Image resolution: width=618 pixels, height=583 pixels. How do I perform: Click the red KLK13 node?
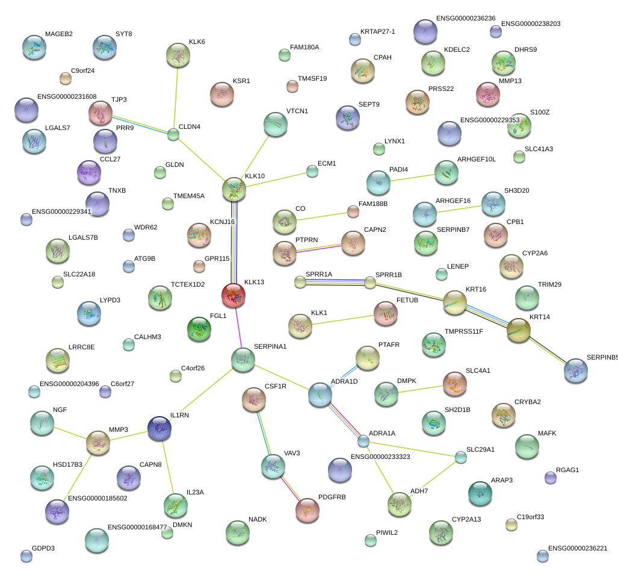233,295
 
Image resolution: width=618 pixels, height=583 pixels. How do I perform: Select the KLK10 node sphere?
234,189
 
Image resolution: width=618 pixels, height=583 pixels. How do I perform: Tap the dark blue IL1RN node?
159,428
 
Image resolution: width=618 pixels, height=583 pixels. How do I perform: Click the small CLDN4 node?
173,134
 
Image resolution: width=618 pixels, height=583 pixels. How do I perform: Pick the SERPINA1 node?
243,360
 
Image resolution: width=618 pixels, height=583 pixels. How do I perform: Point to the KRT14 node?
519,330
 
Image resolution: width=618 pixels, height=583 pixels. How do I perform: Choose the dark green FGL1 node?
199,329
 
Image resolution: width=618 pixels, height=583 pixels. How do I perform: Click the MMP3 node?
98,443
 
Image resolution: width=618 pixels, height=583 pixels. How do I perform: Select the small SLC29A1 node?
460,457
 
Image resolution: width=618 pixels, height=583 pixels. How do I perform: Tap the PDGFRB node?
307,510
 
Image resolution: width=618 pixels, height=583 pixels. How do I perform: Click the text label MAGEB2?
59,34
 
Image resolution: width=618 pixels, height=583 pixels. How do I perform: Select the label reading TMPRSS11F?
464,331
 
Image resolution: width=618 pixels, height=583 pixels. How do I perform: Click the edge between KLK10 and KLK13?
234,241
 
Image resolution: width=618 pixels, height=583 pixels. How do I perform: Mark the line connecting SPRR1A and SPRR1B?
335,281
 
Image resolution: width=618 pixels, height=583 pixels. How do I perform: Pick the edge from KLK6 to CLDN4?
176,96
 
